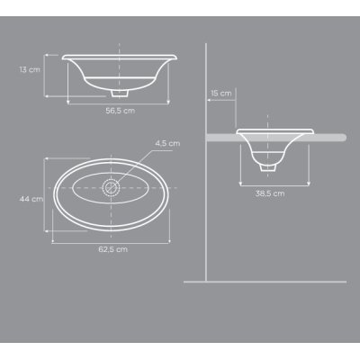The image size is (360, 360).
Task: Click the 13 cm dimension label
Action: (30, 69)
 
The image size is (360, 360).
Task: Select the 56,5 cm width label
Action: (121, 111)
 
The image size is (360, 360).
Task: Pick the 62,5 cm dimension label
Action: (112, 249)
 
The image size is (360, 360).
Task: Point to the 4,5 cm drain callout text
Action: (167, 143)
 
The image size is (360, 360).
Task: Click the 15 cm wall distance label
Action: (221, 94)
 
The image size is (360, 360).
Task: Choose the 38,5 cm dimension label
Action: (270, 193)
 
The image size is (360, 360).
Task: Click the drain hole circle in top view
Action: (111, 188)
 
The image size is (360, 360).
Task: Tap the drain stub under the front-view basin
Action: (120, 93)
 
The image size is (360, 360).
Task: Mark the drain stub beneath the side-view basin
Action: (268, 167)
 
